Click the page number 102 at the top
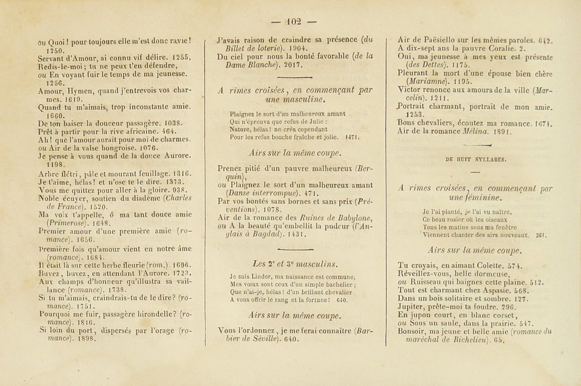click(293, 22)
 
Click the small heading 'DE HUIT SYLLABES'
click(474, 159)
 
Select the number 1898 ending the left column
click(84, 340)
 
